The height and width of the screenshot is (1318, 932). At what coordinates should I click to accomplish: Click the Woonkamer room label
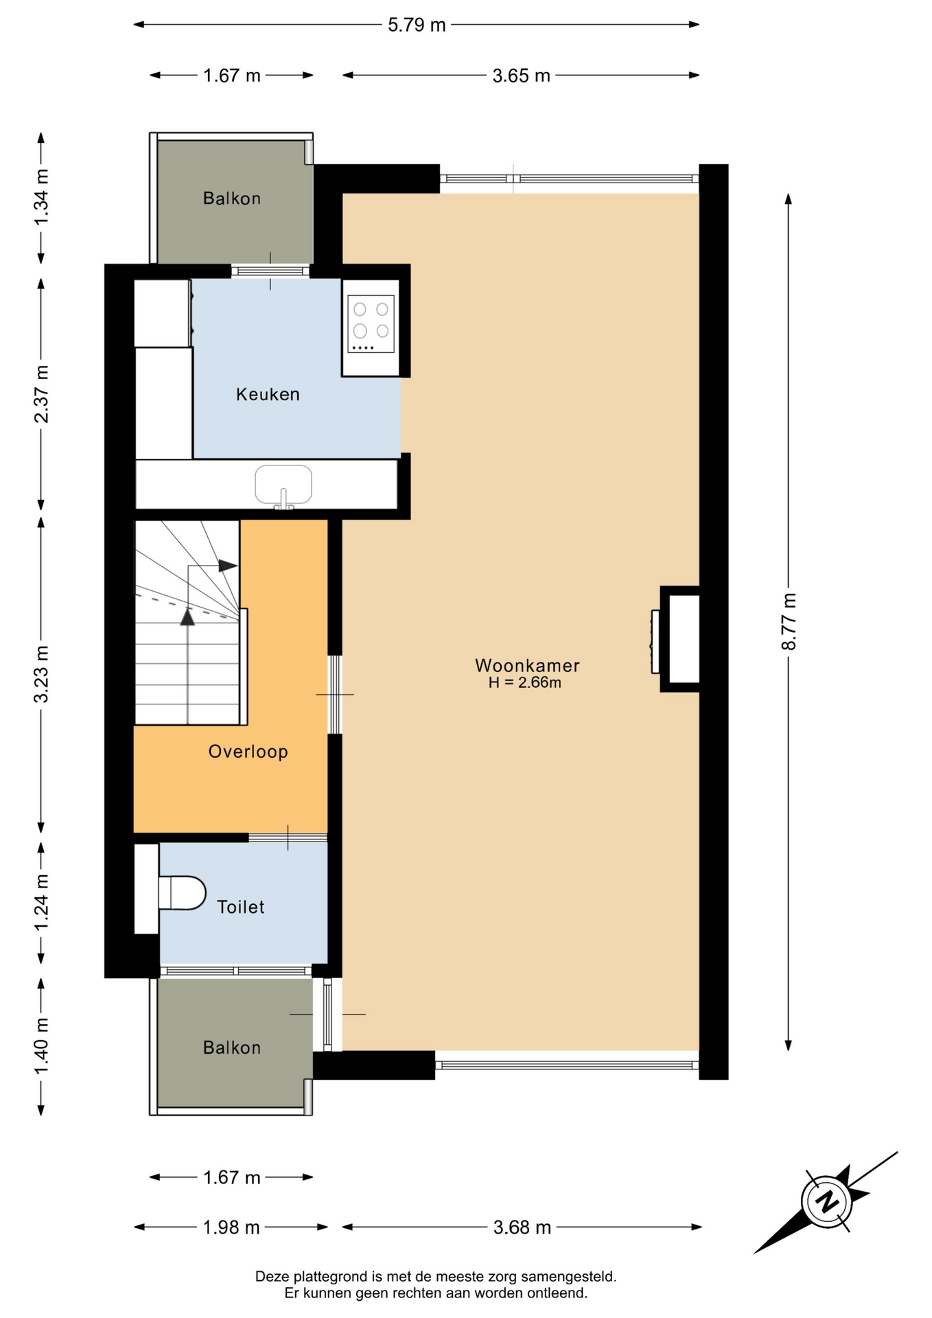(527, 665)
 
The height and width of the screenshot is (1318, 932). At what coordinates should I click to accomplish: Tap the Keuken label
(268, 394)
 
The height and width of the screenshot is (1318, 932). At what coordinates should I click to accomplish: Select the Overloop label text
(248, 752)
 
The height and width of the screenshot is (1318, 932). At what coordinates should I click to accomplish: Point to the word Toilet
(240, 907)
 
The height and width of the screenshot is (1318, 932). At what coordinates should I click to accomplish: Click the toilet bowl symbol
(182, 892)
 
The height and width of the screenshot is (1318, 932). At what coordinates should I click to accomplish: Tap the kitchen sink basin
(283, 484)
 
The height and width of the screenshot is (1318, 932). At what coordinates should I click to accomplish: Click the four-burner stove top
(371, 323)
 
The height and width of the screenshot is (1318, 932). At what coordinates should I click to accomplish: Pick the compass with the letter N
(826, 1202)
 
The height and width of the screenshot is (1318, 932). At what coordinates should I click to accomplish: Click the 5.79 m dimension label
(417, 25)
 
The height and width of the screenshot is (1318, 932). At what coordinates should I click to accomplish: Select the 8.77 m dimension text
(789, 621)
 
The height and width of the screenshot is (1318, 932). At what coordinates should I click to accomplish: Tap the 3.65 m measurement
(521, 76)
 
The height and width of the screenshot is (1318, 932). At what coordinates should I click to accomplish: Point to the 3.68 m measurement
(522, 1227)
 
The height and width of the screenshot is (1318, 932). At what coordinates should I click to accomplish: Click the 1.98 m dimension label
(231, 1227)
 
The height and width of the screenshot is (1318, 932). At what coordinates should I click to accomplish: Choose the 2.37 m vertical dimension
(41, 394)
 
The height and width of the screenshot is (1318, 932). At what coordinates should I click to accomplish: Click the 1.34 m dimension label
(41, 196)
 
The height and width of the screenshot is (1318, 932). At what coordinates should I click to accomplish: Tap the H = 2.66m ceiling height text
(525, 682)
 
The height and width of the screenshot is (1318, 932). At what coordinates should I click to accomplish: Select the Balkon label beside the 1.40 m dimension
(232, 1048)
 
